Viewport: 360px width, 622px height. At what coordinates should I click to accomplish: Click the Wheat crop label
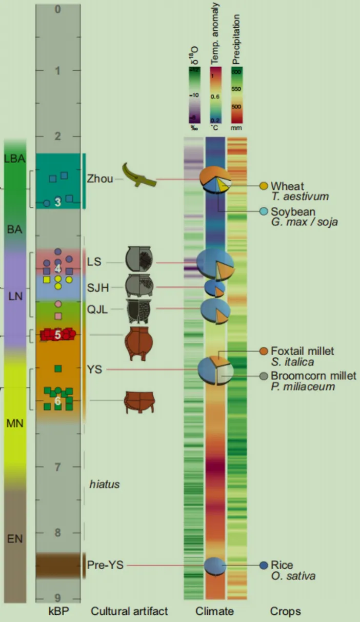pyautogui.click(x=287, y=186)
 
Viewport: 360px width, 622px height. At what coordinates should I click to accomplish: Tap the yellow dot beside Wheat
pyautogui.click(x=264, y=186)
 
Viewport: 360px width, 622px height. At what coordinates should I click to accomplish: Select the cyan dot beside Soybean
pyautogui.click(x=264, y=211)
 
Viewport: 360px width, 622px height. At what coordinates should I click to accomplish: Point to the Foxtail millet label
pyautogui.click(x=302, y=351)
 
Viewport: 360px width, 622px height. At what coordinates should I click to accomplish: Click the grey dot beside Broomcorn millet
pyautogui.click(x=264, y=376)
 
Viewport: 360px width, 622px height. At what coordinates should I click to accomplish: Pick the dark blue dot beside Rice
pyautogui.click(x=264, y=565)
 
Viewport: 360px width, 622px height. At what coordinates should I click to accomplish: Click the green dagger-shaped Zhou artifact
pyautogui.click(x=137, y=176)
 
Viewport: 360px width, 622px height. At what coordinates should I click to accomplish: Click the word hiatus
pyautogui.click(x=104, y=484)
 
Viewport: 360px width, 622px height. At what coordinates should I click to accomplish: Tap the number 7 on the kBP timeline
pyautogui.click(x=58, y=467)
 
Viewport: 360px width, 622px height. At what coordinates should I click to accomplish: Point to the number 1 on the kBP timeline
pyautogui.click(x=58, y=71)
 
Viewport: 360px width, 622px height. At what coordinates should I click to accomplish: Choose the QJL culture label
pyautogui.click(x=97, y=308)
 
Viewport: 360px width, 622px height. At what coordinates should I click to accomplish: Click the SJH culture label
pyautogui.click(x=97, y=287)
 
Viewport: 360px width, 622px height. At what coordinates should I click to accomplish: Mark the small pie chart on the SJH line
pyautogui.click(x=214, y=288)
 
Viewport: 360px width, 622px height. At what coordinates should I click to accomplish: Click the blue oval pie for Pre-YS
pyautogui.click(x=215, y=565)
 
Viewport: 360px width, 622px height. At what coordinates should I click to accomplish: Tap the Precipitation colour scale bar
pyautogui.click(x=236, y=95)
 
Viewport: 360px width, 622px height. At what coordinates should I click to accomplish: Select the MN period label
pyautogui.click(x=14, y=423)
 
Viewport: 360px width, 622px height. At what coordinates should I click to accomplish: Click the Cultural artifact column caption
pyautogui.click(x=129, y=611)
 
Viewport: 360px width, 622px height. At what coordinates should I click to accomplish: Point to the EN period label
pyautogui.click(x=14, y=538)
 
